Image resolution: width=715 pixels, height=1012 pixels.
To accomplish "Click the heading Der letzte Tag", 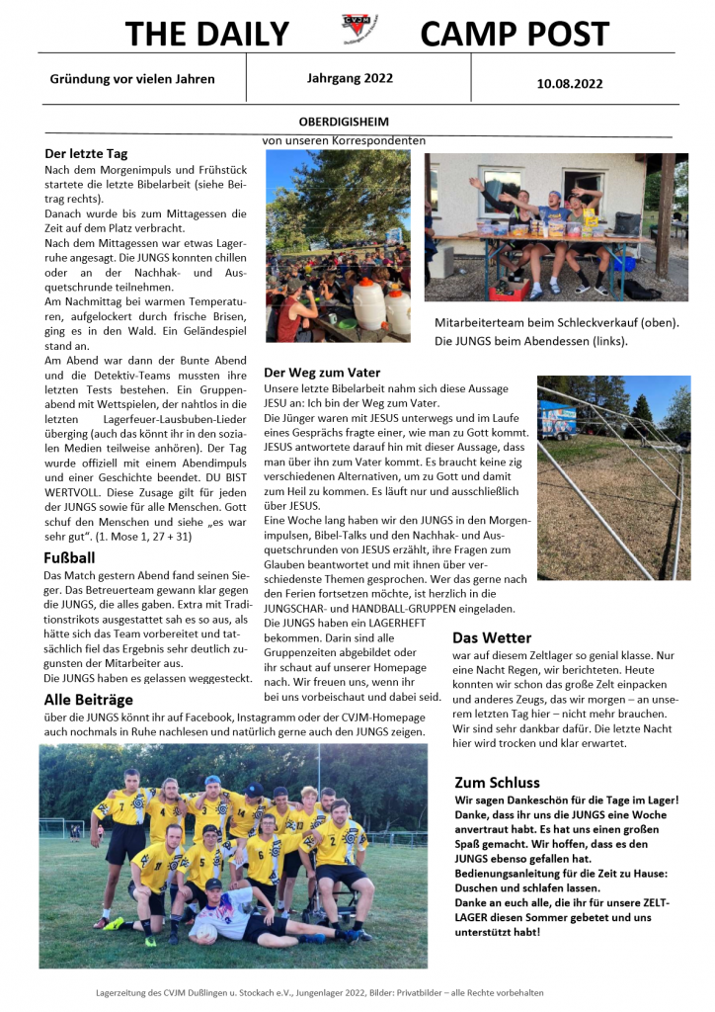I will pos(87,154).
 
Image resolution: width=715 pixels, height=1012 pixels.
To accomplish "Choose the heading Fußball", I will pos(69,557).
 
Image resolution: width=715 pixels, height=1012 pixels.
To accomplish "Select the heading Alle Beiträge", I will pos(89,700).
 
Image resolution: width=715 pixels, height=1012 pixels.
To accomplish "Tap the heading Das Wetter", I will pos(492,637).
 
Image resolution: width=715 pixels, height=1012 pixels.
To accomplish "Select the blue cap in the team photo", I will pos(212,781).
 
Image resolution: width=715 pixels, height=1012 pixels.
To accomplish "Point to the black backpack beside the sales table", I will pos(626,223).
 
